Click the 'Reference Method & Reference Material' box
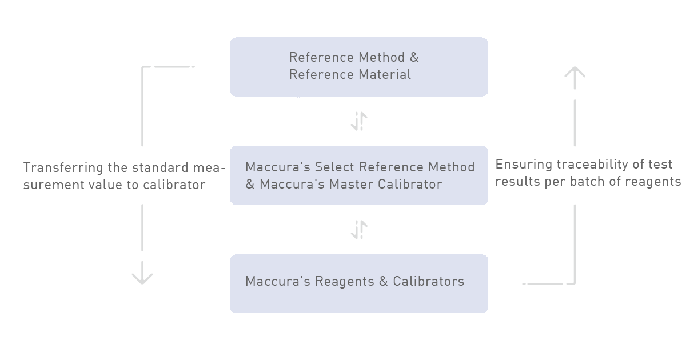point(358,67)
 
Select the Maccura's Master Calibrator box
point(358,175)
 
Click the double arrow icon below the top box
point(359,122)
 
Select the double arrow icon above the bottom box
point(359,230)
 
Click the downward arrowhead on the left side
point(142,277)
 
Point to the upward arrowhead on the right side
point(575,74)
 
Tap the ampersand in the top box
point(414,58)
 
